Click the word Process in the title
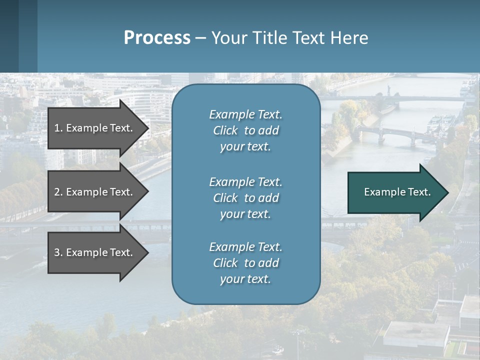pyautogui.click(x=157, y=38)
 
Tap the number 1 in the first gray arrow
pyautogui.click(x=57, y=128)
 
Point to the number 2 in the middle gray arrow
pyautogui.click(x=57, y=192)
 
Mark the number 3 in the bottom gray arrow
pyautogui.click(x=57, y=252)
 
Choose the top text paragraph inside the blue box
pyautogui.click(x=245, y=130)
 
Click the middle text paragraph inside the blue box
pyautogui.click(x=245, y=198)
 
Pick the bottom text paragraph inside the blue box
pyautogui.click(x=245, y=263)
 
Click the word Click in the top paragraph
pyautogui.click(x=225, y=130)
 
